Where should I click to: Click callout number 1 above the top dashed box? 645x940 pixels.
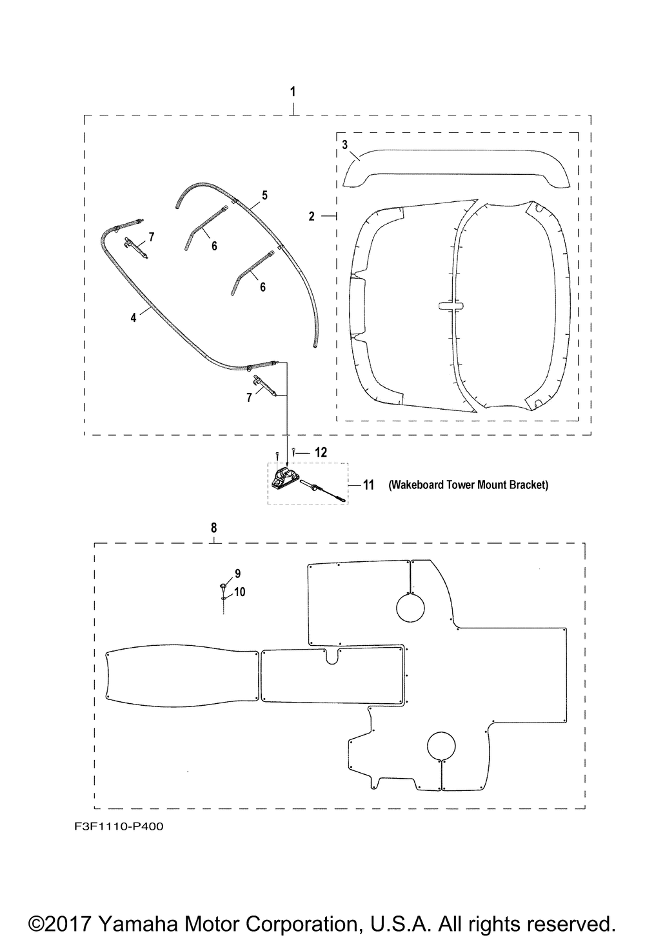(293, 92)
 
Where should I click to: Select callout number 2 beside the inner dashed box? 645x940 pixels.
(312, 216)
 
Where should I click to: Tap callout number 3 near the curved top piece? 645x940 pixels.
(345, 145)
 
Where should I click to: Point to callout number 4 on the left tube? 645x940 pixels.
(134, 317)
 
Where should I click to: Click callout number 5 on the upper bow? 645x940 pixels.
(264, 195)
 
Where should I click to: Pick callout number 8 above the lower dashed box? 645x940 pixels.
(214, 528)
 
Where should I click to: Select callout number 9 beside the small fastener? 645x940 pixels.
(237, 574)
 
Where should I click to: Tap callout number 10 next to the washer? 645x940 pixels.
(240, 592)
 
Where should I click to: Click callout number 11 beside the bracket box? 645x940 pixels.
(368, 485)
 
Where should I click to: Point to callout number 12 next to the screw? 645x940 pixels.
(321, 452)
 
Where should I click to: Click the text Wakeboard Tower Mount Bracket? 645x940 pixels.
(468, 485)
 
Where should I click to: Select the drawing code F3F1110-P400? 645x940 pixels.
(119, 826)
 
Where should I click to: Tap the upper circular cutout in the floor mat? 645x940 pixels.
(410, 608)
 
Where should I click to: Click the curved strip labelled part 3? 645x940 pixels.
(457, 168)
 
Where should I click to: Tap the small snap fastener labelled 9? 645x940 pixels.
(223, 585)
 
